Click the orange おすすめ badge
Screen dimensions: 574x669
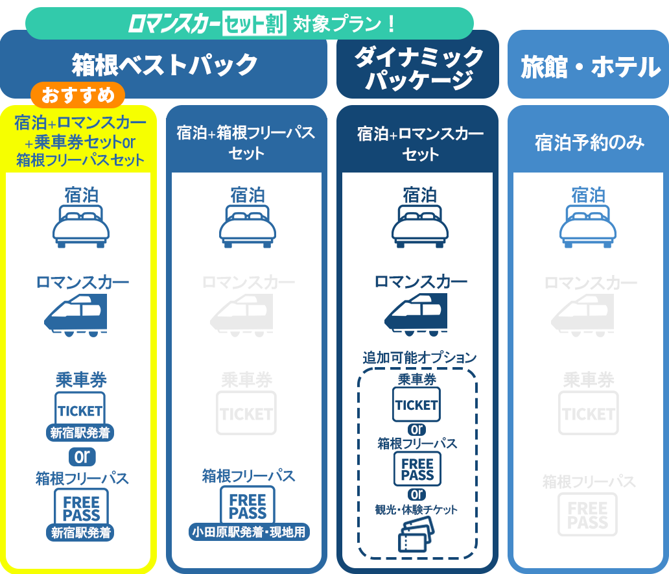(78, 95)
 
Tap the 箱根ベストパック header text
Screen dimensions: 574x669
(165, 65)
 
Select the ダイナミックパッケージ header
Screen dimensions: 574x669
(418, 68)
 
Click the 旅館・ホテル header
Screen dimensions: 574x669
(590, 67)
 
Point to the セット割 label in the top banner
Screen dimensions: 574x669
(253, 25)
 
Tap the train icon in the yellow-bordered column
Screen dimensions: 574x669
(76, 315)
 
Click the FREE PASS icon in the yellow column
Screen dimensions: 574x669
(81, 509)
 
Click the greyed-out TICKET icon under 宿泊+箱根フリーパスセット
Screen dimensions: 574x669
(246, 413)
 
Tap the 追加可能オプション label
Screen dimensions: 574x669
(419, 357)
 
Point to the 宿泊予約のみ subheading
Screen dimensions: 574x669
(589, 143)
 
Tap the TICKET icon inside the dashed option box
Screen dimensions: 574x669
(417, 405)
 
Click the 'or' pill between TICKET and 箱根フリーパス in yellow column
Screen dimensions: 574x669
(82, 457)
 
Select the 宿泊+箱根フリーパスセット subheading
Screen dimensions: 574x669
(246, 143)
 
